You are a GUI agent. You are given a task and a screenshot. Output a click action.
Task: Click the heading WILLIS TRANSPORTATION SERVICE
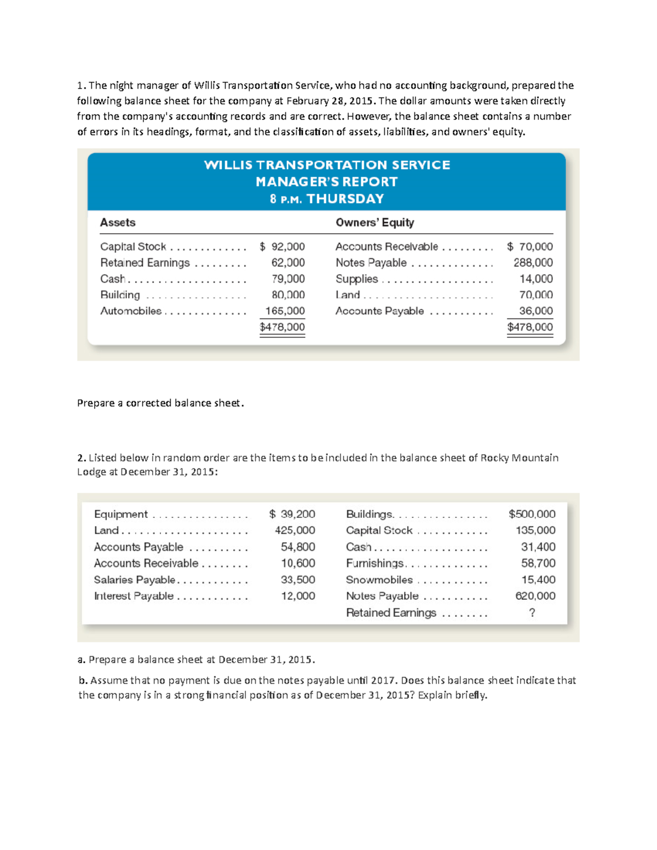point(327,165)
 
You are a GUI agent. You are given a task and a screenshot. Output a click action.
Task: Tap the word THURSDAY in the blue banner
point(345,199)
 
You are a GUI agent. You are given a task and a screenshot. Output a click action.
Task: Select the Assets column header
point(118,222)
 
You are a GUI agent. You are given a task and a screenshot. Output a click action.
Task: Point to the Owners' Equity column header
point(374,222)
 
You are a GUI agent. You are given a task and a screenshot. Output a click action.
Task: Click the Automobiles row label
point(131,311)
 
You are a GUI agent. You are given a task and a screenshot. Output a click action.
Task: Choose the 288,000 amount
point(533,263)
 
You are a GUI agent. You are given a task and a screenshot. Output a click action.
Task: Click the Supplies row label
point(356,279)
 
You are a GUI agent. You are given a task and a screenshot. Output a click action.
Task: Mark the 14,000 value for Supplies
point(536,279)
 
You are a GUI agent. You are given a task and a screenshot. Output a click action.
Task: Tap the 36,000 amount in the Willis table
point(536,311)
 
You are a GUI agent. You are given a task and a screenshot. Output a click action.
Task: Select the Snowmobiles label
point(379,580)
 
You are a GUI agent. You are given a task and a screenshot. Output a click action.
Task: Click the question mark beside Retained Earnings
point(532,612)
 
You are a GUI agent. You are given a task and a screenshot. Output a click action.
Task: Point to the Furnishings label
point(375,563)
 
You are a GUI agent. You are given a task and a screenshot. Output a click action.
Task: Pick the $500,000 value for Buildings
point(532,514)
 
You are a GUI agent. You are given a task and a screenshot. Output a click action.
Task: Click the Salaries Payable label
point(135,580)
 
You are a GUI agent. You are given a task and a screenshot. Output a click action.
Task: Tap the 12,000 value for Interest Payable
point(298,596)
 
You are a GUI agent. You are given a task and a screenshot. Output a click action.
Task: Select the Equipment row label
point(120,514)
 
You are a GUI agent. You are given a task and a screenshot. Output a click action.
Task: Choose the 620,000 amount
point(535,596)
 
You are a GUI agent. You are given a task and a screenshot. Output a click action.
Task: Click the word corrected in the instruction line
point(148,403)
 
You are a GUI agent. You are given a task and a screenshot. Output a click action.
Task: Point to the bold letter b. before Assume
point(83,680)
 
